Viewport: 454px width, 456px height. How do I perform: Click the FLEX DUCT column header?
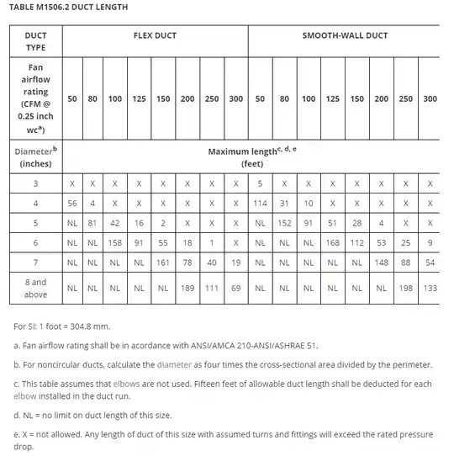pos(155,35)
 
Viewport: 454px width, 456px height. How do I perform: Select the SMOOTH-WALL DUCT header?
pos(346,35)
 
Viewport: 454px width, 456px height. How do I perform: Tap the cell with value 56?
pos(73,203)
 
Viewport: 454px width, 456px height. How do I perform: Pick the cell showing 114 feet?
pos(260,203)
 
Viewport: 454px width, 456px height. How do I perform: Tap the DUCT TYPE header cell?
pos(35,41)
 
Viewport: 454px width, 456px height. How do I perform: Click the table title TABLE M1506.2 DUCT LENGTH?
pos(68,8)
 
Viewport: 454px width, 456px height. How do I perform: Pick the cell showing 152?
pos(284,223)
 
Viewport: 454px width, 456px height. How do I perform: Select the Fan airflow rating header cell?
pos(35,98)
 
